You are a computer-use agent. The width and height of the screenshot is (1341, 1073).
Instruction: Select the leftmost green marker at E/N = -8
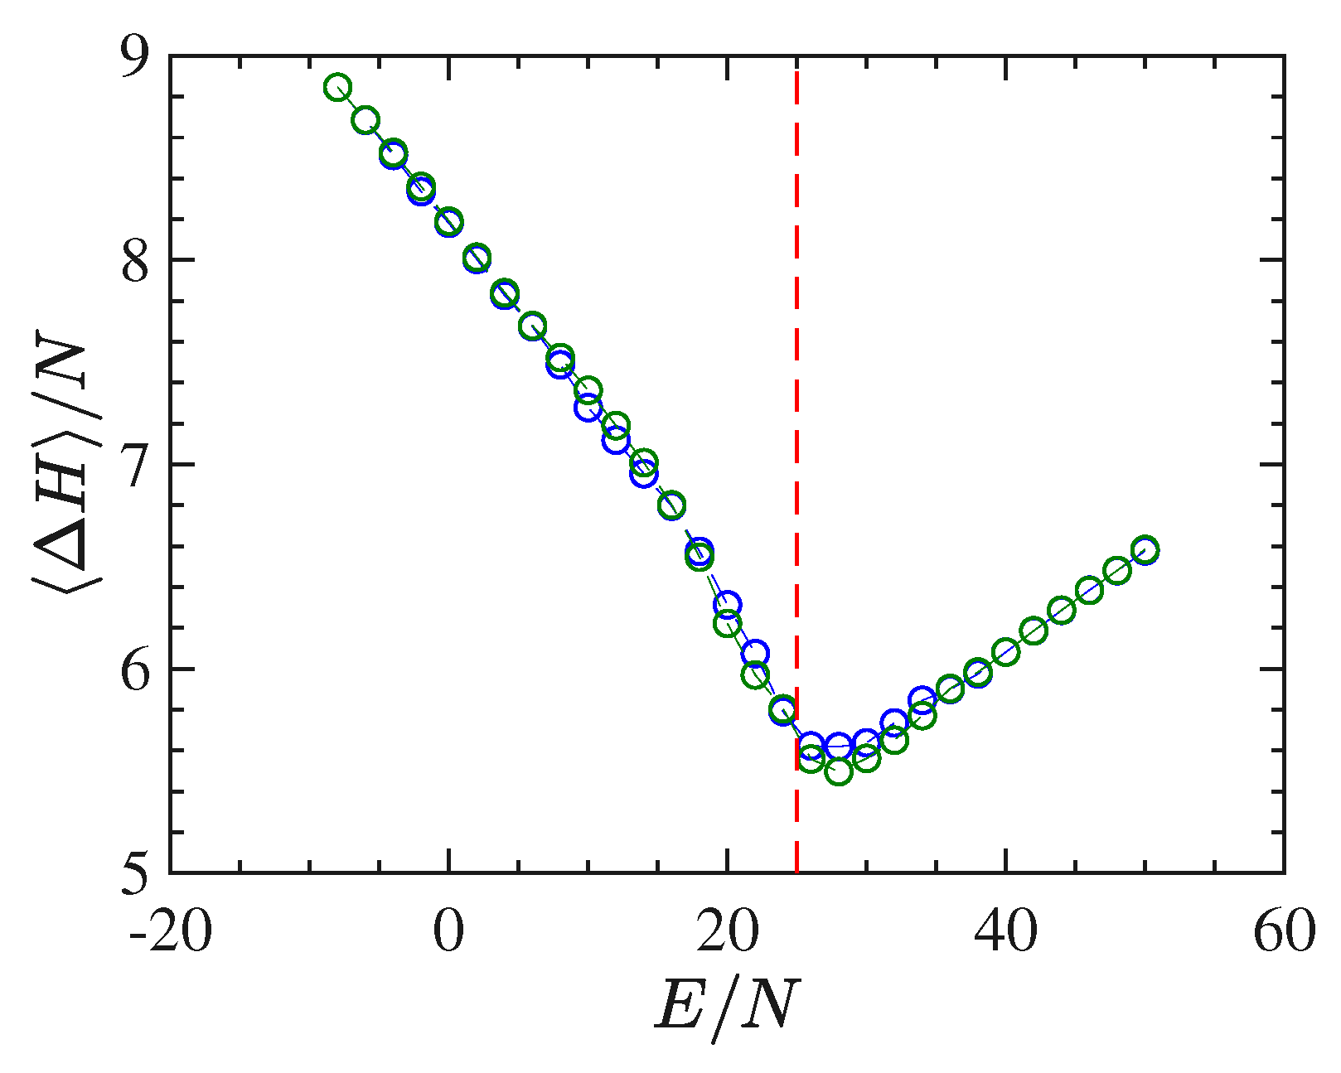tap(337, 87)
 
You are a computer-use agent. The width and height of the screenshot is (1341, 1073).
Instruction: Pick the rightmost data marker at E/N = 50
tap(1145, 550)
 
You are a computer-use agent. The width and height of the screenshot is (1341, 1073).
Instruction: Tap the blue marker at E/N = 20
tap(728, 605)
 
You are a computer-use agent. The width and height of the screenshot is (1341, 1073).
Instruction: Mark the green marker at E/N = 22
tap(755, 675)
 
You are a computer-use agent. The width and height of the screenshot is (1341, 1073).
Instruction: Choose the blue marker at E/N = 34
tap(922, 700)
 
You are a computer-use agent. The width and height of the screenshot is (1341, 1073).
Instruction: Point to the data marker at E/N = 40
tap(1006, 652)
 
